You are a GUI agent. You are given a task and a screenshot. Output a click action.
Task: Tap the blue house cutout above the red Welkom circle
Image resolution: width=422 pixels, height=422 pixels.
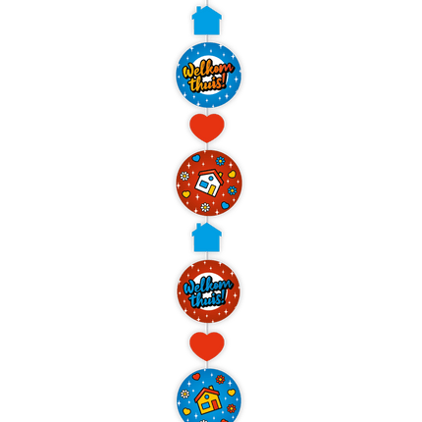[206, 237]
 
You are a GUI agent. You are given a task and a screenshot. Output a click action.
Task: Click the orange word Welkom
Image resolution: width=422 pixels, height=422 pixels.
[207, 71]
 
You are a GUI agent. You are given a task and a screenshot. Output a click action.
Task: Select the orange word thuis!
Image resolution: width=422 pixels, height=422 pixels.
[208, 83]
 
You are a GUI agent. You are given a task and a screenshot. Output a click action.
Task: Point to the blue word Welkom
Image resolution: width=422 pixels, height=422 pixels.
[207, 287]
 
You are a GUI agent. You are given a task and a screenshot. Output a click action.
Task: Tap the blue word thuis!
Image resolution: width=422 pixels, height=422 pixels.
[208, 299]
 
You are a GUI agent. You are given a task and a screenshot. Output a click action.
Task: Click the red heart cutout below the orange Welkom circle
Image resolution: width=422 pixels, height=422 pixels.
[207, 128]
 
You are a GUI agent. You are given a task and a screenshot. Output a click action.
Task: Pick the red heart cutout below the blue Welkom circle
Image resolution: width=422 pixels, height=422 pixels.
[207, 346]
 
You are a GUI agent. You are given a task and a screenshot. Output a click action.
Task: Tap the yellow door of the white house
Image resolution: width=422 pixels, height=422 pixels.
[212, 190]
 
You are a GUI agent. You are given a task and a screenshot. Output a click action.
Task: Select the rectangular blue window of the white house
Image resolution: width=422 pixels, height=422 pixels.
[203, 185]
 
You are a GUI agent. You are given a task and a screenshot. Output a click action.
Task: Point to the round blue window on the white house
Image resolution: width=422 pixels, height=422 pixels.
[211, 178]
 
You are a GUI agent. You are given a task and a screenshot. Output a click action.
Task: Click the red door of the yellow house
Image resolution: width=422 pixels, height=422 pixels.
[215, 405]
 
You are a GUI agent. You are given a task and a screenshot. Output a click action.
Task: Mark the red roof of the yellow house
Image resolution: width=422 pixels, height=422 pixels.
[207, 393]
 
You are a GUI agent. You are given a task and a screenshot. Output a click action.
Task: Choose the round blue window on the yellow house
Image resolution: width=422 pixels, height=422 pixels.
[206, 396]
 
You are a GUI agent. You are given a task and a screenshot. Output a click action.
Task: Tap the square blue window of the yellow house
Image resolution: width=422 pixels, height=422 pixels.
[205, 406]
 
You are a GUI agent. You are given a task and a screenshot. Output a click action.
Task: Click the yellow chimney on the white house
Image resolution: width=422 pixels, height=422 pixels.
[219, 175]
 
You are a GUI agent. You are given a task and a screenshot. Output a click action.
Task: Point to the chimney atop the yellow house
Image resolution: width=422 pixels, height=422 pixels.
[213, 389]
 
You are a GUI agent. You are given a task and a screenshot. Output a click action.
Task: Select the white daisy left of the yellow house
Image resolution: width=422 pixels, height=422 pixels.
[185, 394]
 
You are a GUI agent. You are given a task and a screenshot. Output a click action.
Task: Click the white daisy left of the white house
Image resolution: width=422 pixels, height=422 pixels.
[185, 176]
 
